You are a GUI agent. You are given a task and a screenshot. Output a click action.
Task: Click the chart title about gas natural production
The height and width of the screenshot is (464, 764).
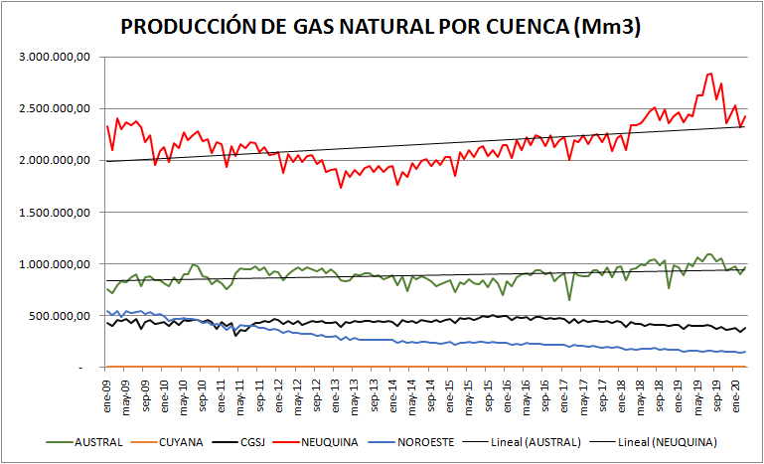point(381,28)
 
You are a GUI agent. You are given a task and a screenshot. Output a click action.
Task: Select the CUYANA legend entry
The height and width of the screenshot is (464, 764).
point(200,441)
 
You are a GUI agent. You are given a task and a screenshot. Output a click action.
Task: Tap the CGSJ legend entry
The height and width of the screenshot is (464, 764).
point(289,441)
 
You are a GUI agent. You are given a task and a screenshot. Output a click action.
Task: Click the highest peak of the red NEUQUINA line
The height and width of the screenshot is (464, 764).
point(709,74)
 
